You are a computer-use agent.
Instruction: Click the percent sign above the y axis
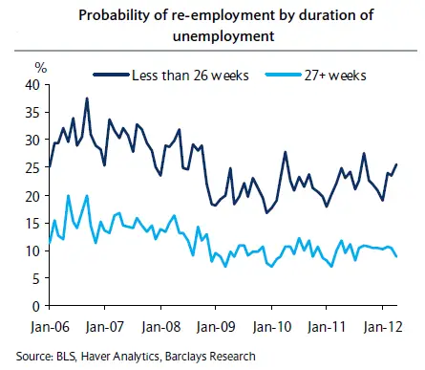coord(40,66)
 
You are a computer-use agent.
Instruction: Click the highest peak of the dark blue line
coord(87,98)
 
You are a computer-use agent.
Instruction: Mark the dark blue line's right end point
coord(397,165)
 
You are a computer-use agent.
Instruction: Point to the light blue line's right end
coord(397,255)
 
